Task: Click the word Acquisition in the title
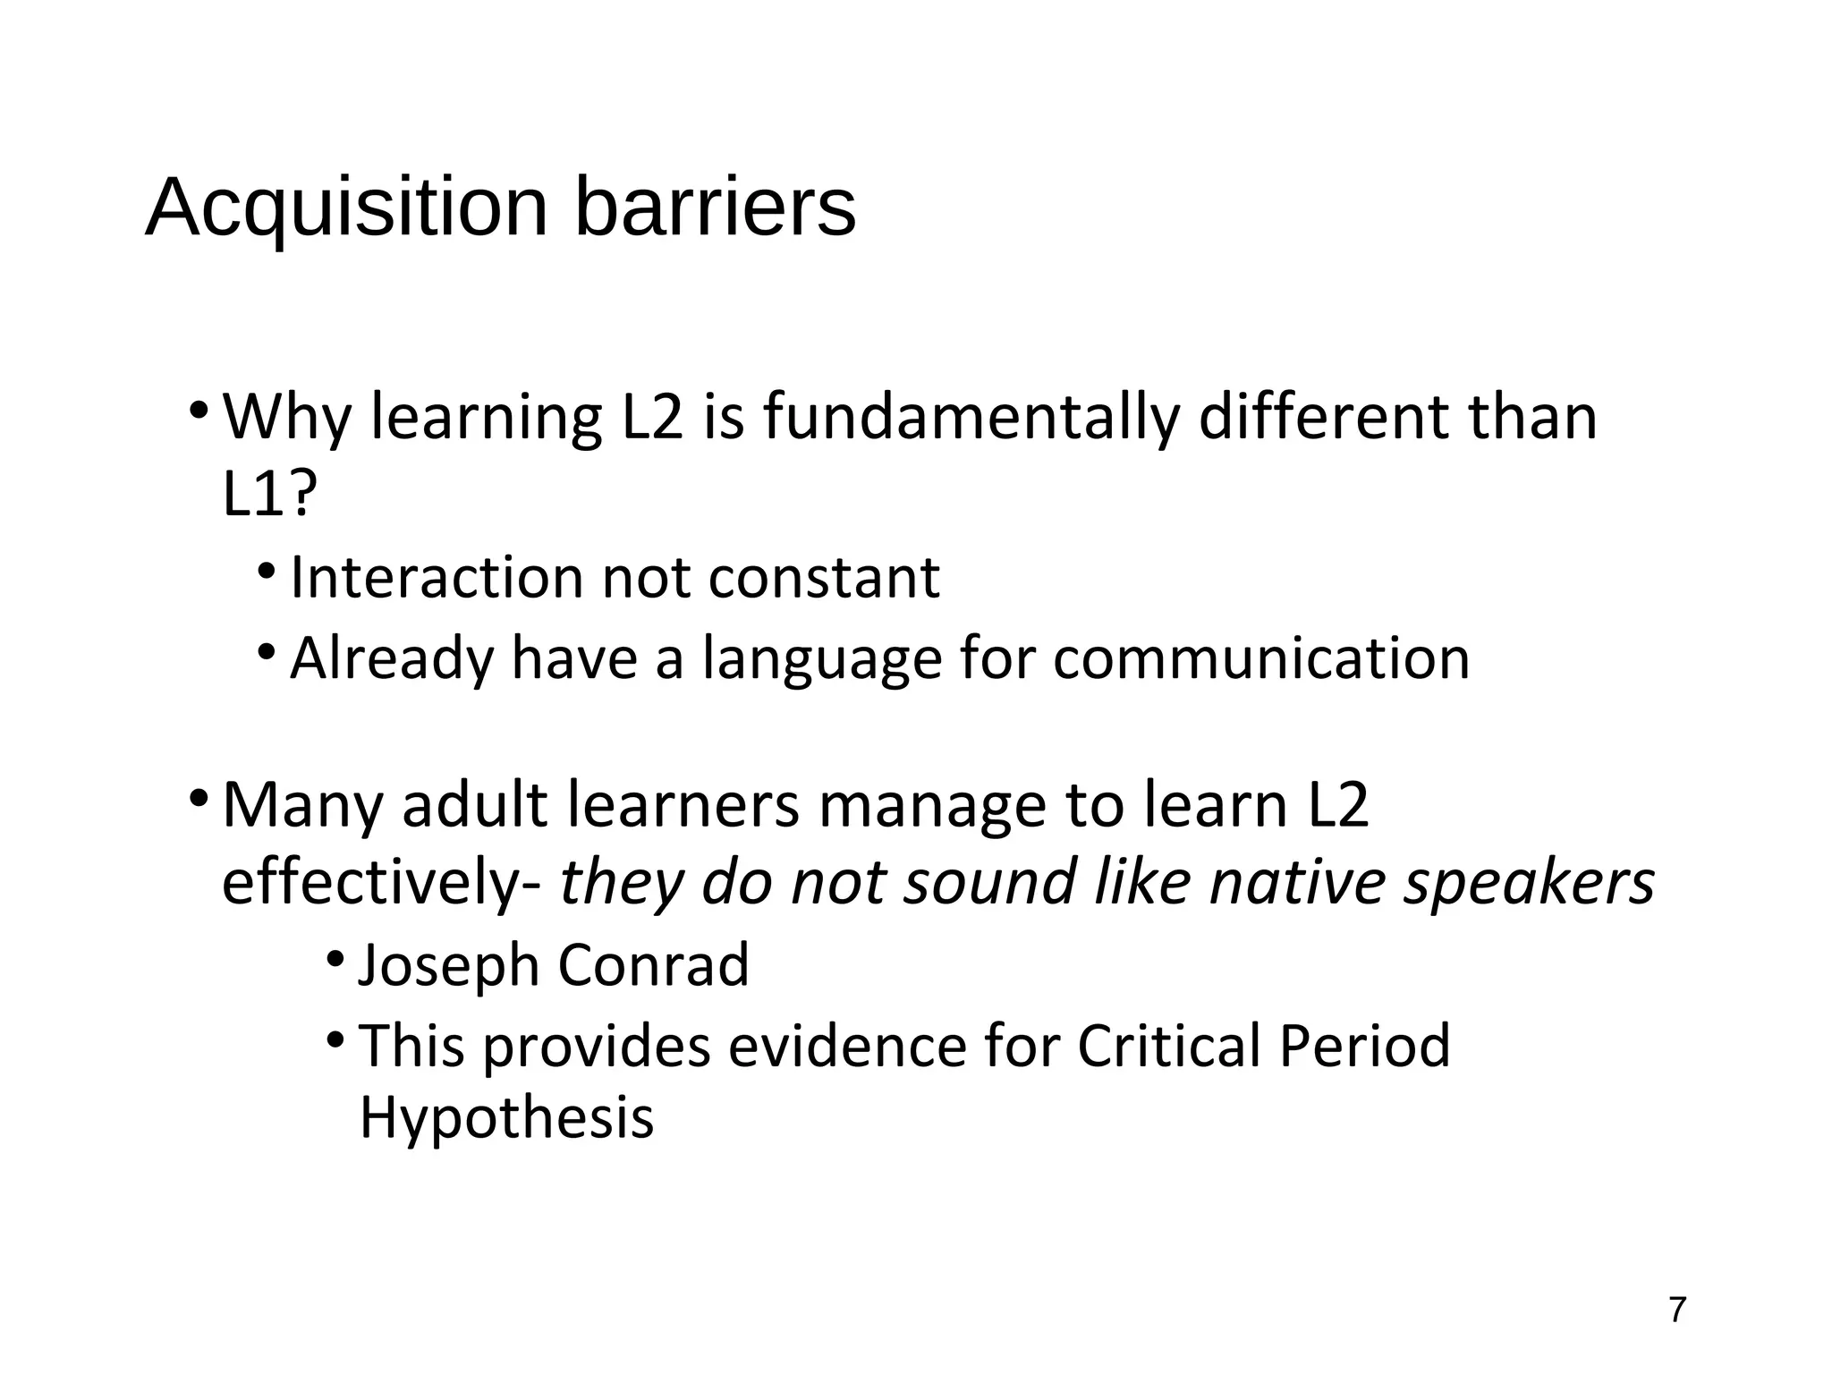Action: (346, 208)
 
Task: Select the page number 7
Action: (1677, 1310)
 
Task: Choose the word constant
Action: (824, 578)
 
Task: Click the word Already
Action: (392, 659)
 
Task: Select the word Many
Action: (302, 805)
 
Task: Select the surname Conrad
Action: (653, 965)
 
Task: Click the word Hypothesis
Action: (506, 1118)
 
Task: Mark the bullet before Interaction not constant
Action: (267, 572)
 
